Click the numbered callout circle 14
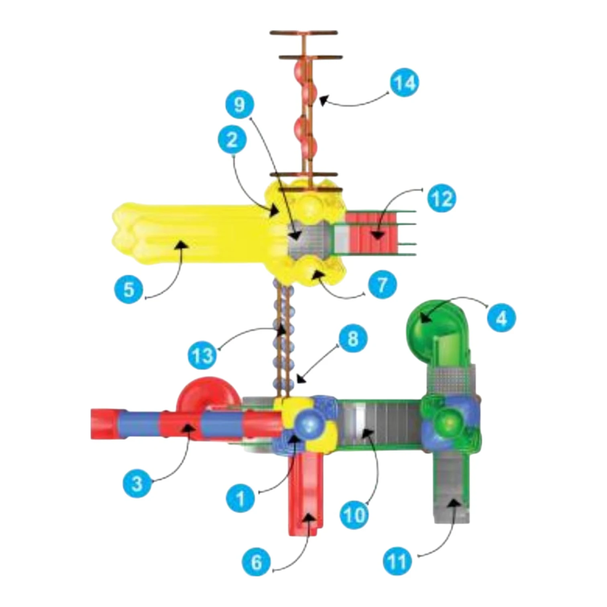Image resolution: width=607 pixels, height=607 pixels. [x=404, y=83]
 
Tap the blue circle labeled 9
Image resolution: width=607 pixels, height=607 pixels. [x=240, y=105]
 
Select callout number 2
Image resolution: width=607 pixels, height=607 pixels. [x=232, y=140]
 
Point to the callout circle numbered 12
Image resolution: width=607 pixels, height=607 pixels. [x=442, y=199]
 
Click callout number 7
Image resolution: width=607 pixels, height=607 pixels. [x=382, y=285]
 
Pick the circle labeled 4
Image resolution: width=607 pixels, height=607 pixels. [x=502, y=318]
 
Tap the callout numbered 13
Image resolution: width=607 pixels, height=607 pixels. [x=203, y=355]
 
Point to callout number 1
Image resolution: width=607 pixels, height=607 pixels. [x=240, y=498]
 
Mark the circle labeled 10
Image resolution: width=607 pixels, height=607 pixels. [x=354, y=515]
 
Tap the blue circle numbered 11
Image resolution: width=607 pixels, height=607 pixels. [x=397, y=561]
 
